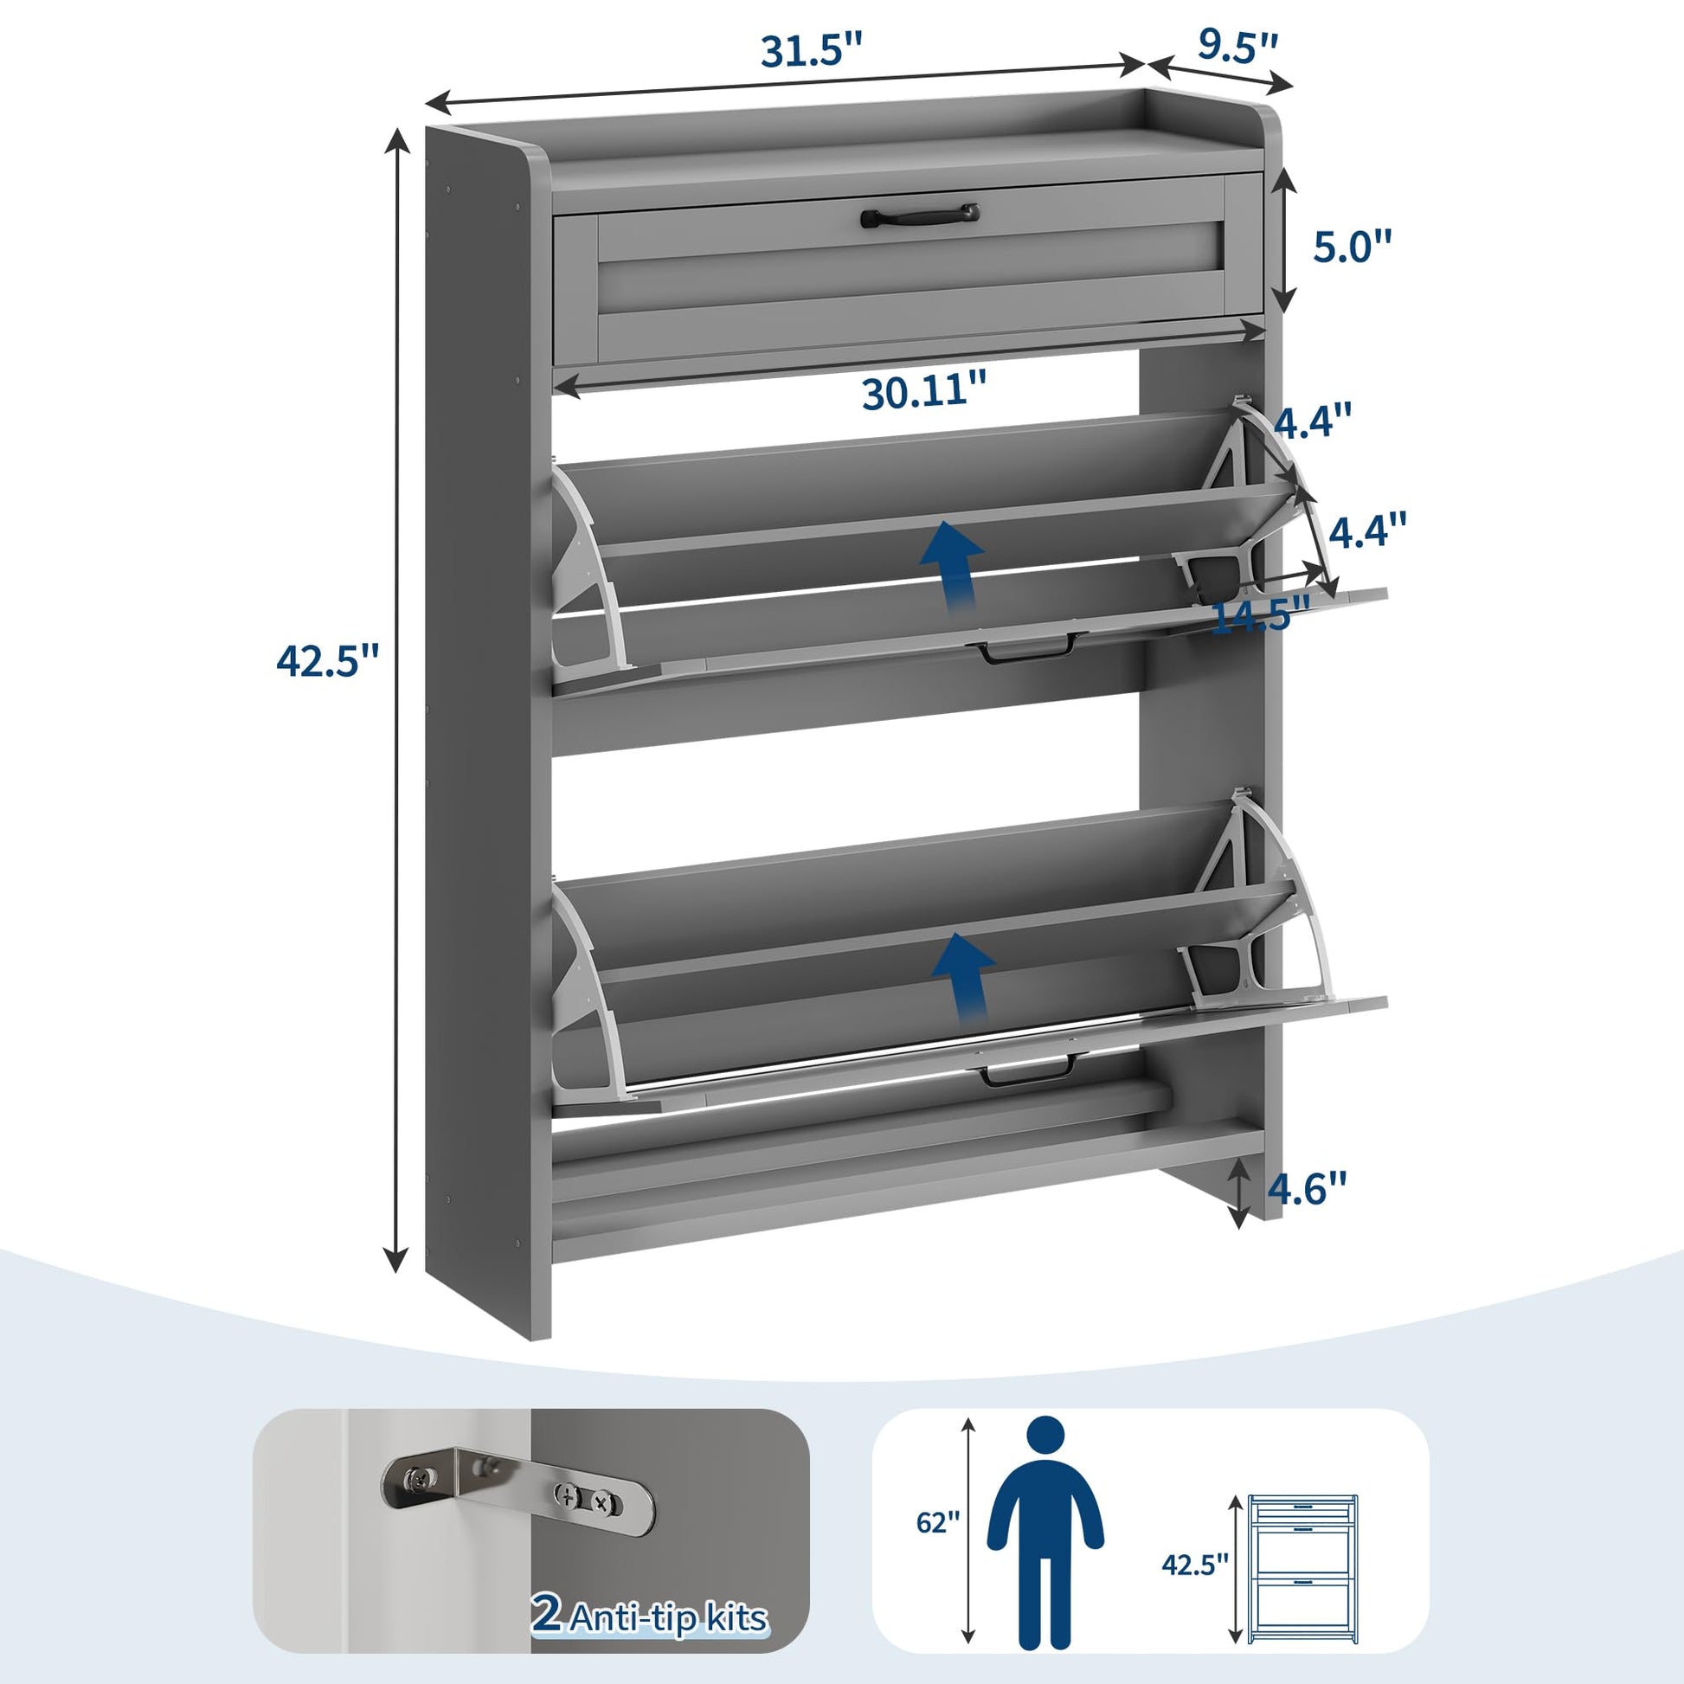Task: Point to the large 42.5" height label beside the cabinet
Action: click(329, 660)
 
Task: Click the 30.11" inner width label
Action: click(926, 392)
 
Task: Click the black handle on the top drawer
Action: click(920, 215)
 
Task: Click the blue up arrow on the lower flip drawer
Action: click(962, 975)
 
